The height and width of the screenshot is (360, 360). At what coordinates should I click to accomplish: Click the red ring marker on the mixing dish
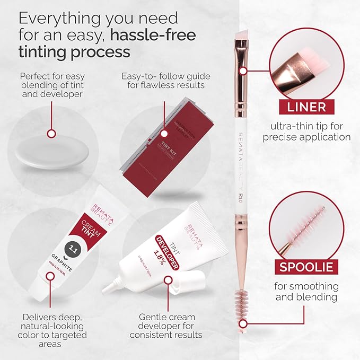click(x=51, y=134)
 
